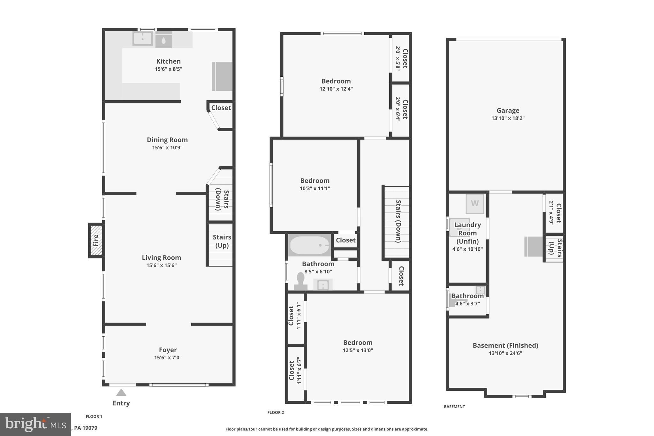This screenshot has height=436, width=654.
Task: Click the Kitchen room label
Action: pyautogui.click(x=168, y=61)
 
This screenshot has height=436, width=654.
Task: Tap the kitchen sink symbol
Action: pyautogui.click(x=142, y=39)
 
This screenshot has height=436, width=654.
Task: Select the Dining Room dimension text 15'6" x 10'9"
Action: pyautogui.click(x=167, y=148)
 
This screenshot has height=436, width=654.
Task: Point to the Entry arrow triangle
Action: pyautogui.click(x=121, y=393)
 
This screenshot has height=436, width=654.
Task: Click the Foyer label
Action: pyautogui.click(x=168, y=350)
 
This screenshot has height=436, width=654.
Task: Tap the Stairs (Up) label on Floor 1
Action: pyautogui.click(x=222, y=241)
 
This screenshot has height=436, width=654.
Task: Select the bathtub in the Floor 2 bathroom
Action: pyautogui.click(x=309, y=245)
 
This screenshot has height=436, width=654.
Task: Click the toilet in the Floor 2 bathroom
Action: pyautogui.click(x=300, y=281)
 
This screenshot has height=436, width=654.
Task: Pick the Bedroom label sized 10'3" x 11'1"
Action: pyautogui.click(x=315, y=180)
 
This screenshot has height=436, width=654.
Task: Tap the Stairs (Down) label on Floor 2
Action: pyautogui.click(x=398, y=221)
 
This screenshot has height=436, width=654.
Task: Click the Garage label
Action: pyautogui.click(x=508, y=111)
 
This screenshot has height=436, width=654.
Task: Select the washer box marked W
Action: pyautogui.click(x=475, y=203)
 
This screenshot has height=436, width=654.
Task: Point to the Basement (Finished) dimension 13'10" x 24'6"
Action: pyautogui.click(x=505, y=353)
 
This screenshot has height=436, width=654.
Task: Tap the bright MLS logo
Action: pyautogui.click(x=35, y=424)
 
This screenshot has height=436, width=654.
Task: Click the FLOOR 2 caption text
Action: pyautogui.click(x=276, y=412)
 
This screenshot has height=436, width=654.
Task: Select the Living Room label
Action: pyautogui.click(x=161, y=257)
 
